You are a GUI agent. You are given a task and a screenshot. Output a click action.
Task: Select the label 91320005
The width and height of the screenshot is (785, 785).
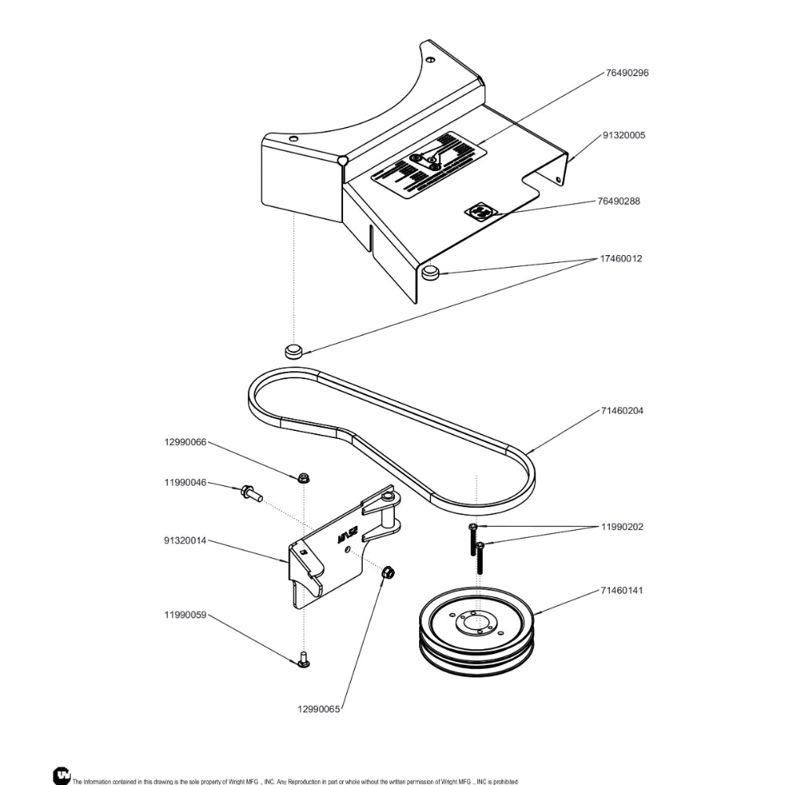[x=624, y=136]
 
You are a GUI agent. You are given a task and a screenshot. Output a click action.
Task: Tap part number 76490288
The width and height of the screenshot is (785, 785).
[x=619, y=201]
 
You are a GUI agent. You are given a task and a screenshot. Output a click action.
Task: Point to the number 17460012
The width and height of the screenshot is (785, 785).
[x=621, y=259]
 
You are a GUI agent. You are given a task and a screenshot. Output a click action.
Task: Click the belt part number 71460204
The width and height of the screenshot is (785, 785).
[x=623, y=411]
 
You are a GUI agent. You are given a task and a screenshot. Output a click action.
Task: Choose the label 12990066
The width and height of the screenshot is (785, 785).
[x=185, y=442]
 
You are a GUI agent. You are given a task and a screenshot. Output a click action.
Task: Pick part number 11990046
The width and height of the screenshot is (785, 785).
[x=185, y=483]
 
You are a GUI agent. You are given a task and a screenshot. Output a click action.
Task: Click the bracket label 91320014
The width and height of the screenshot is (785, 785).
[x=185, y=541]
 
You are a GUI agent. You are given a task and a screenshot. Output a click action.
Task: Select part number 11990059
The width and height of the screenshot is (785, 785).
[x=185, y=615]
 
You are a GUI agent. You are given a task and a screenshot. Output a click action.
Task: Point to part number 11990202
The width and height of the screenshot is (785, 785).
[x=623, y=527]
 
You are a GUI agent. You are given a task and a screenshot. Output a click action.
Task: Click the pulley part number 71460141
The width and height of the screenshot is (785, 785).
[x=623, y=589]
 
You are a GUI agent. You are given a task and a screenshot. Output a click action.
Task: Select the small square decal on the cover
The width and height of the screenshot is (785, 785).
[x=479, y=212]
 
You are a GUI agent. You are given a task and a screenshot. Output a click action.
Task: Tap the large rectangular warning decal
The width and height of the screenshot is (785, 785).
[x=425, y=164]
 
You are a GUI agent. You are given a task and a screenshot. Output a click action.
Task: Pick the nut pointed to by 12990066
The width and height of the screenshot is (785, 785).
[x=303, y=477]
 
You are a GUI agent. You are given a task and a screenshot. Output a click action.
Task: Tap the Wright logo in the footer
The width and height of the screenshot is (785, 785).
[x=61, y=775]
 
